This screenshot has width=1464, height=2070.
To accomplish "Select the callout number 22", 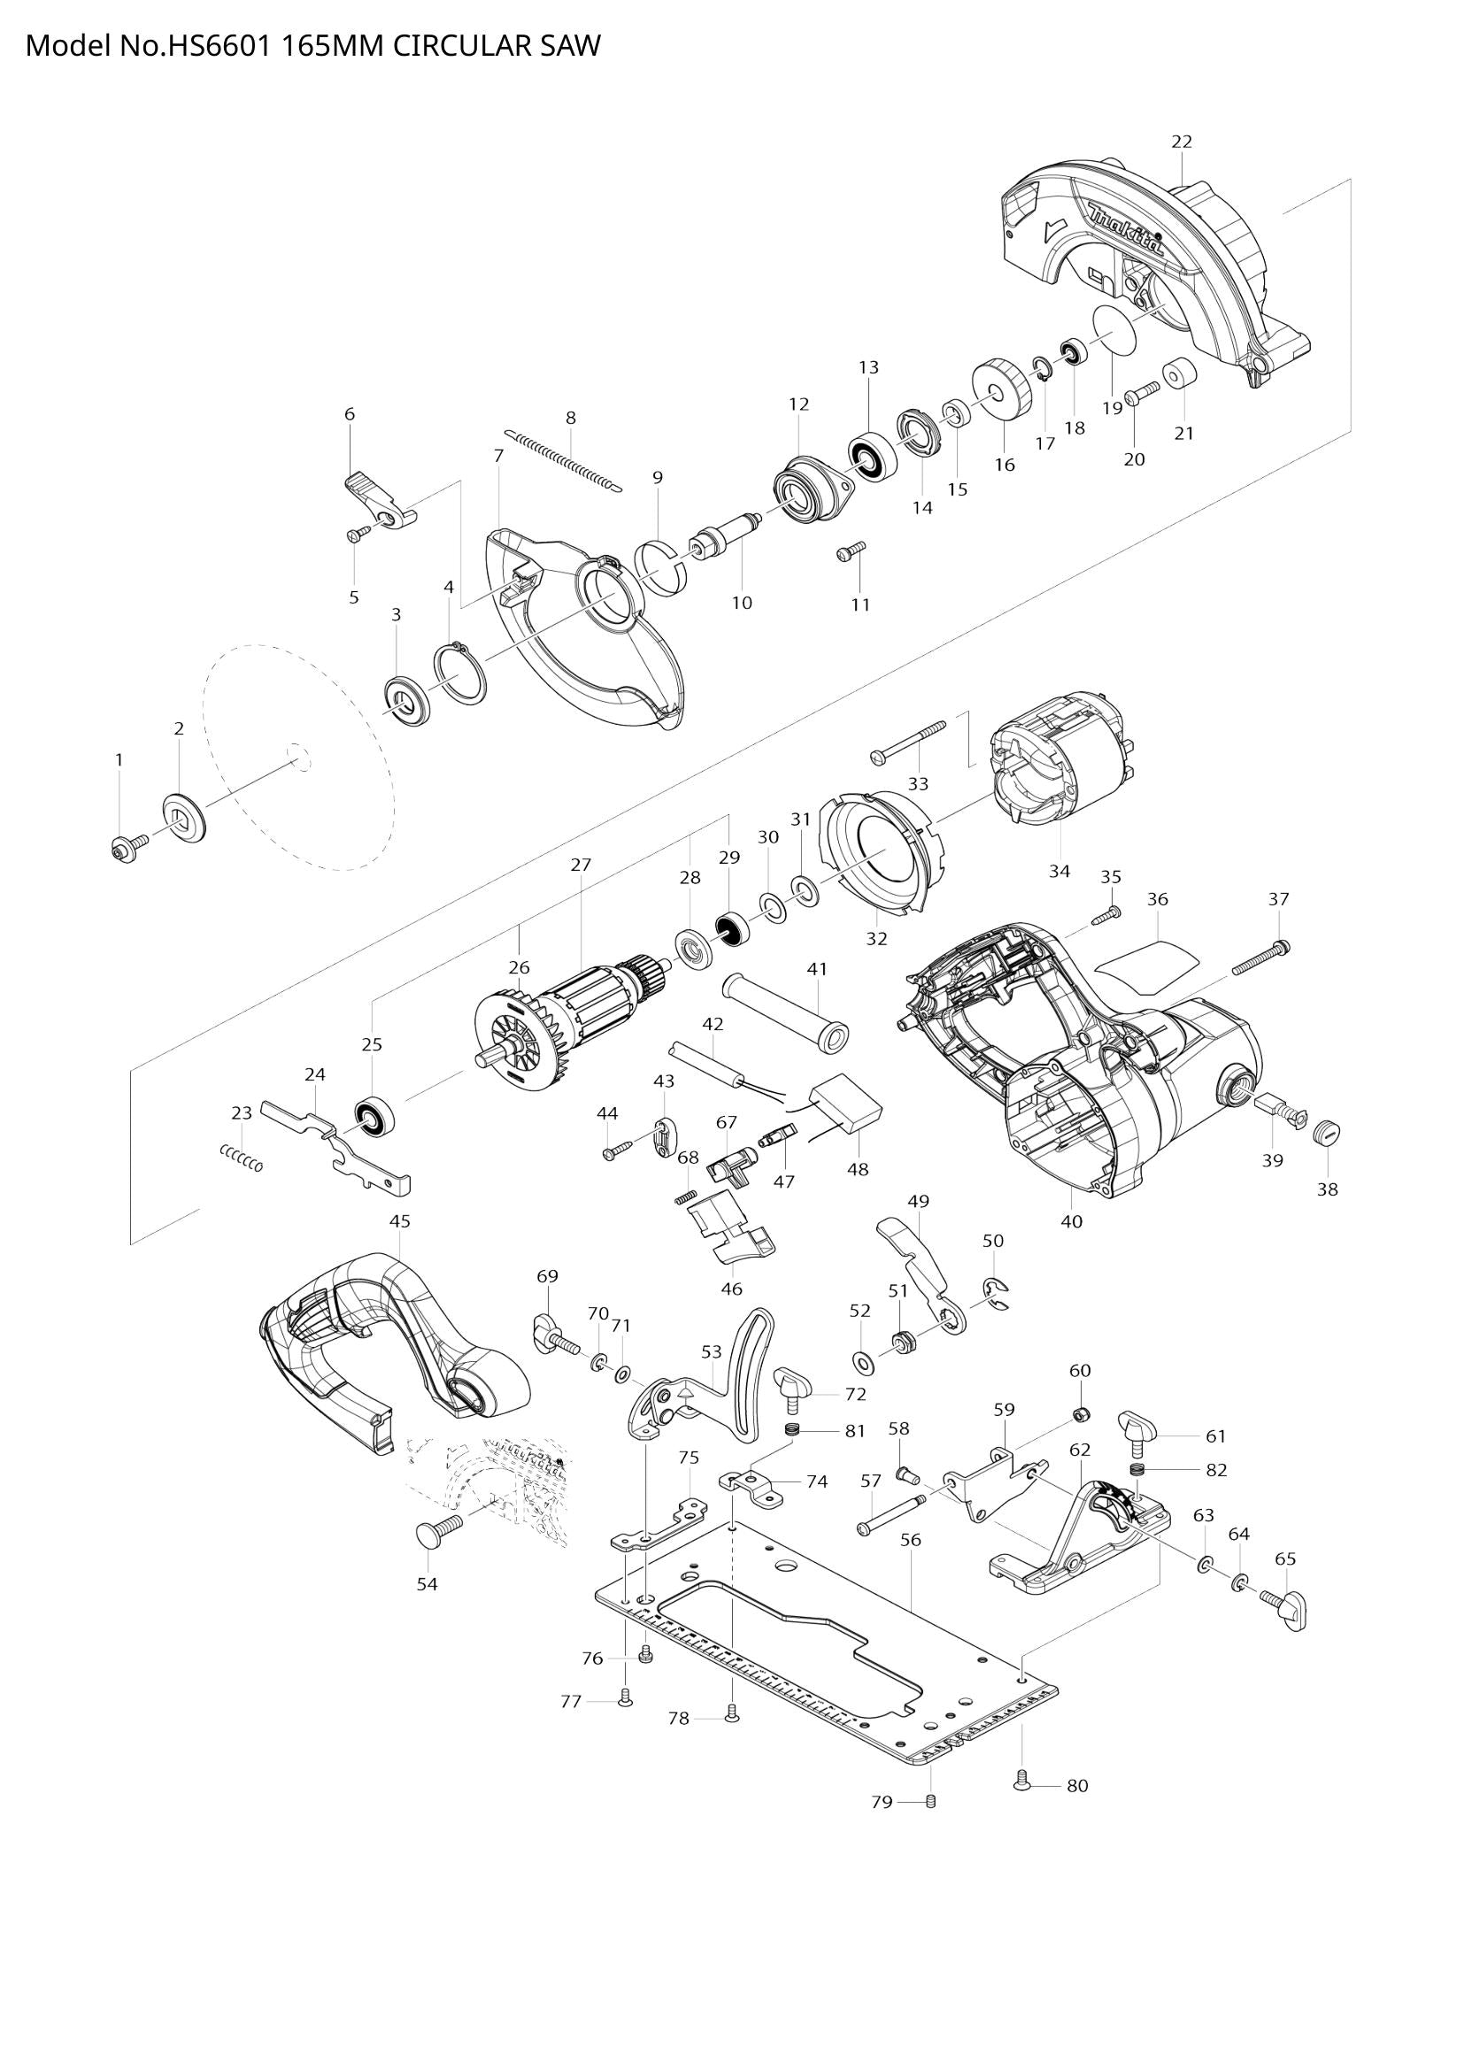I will pos(1181,142).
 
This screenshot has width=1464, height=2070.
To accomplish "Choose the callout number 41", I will pos(817,969).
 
